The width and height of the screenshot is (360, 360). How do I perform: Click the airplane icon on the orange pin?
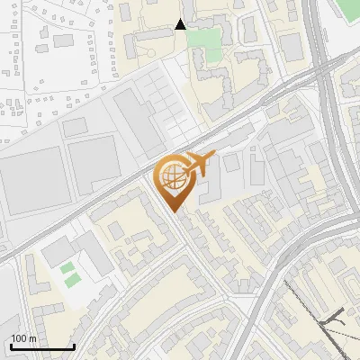197,163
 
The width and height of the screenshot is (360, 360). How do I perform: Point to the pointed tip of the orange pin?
175,211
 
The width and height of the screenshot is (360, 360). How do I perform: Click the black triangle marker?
181,24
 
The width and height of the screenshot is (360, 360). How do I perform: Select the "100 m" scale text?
24,337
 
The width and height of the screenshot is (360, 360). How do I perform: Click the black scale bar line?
41,346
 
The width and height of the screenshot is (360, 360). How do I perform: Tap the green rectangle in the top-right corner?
349,11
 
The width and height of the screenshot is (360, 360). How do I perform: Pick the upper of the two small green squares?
67,267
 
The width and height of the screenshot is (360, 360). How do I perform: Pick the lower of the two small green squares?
71,280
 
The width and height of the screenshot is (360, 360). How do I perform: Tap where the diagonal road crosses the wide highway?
322,67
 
